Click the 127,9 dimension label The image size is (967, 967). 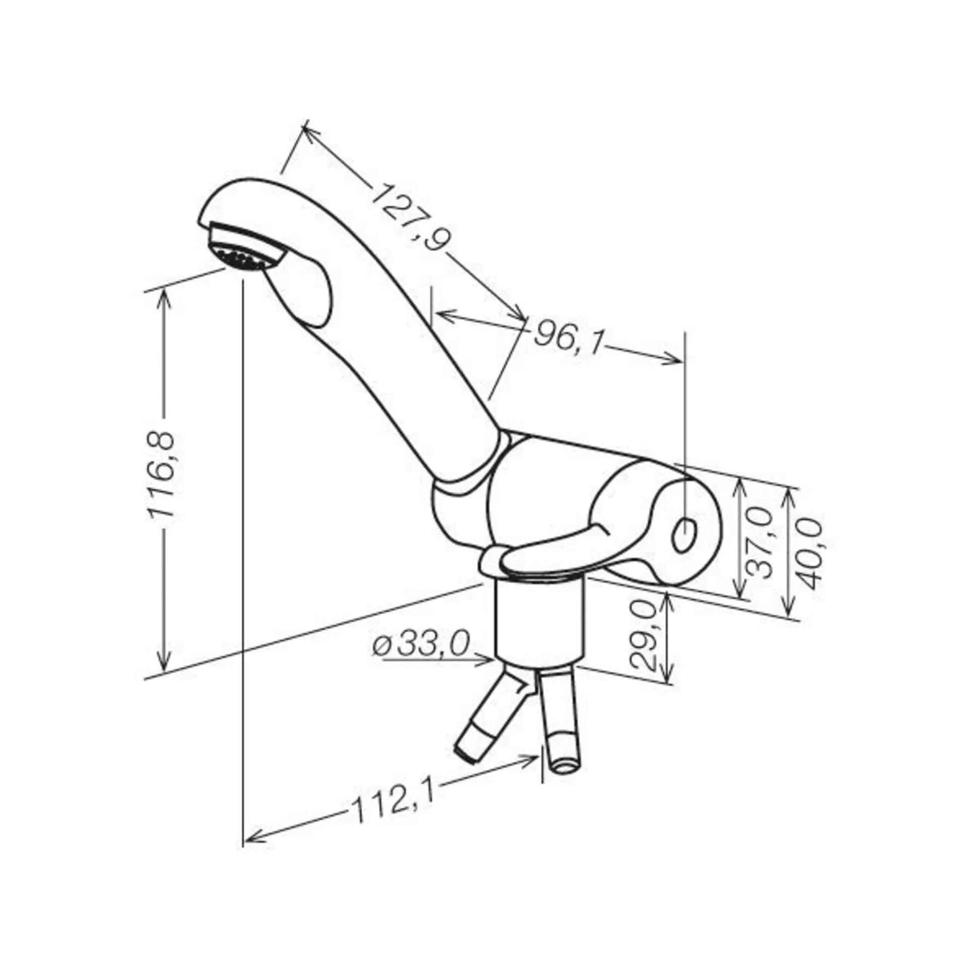coord(410,216)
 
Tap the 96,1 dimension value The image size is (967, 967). coord(568,336)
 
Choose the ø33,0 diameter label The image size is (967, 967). coord(422,645)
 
